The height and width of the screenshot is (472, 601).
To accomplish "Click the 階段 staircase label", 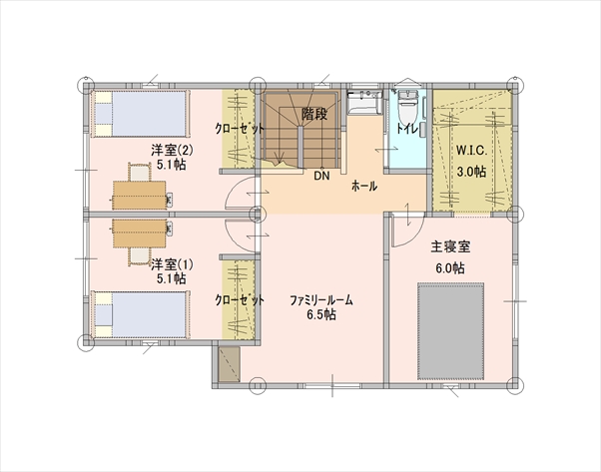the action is pos(314,114).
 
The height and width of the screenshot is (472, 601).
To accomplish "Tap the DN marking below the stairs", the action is pos(321,176).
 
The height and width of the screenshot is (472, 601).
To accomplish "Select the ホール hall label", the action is pos(364,187).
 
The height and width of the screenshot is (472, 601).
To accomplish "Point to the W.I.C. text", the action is pos(471,150).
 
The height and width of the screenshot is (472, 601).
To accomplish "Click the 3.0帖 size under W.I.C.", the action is pos(471,172).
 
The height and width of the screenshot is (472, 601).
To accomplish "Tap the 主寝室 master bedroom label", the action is pos(450,246).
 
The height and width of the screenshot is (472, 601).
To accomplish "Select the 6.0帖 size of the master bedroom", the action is pos(450,268).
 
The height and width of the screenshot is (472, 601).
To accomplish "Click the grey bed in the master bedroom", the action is pos(451,331).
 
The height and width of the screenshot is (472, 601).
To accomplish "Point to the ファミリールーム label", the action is pos(321,300).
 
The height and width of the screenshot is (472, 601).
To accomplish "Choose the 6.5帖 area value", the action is pos(321,314).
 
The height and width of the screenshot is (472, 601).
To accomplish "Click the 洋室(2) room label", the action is pos(172,150).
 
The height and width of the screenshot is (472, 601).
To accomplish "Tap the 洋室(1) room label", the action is pos(172,264).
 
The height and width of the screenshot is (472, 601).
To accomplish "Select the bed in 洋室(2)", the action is pos(141,114).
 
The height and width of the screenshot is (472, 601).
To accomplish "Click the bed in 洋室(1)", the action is pos(141,315).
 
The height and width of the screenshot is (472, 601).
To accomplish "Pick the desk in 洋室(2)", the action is pos(139,195).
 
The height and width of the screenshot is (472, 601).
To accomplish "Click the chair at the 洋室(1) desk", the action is pos(139,256).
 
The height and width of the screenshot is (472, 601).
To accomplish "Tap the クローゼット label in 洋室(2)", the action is pos(240,129).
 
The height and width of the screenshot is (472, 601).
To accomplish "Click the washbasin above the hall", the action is pos(364,102).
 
